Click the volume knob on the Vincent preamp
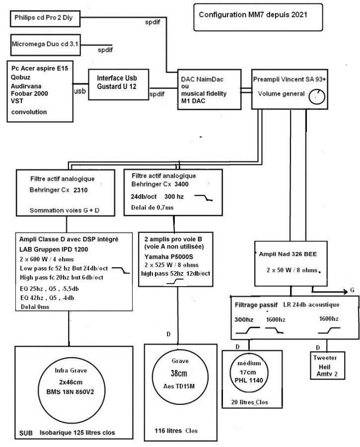point(317,97)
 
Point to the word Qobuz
point(20,77)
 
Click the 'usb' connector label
point(80,91)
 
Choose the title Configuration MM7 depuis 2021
point(253,14)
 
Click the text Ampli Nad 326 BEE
point(288,254)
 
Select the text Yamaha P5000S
point(169,257)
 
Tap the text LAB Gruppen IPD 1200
point(54,249)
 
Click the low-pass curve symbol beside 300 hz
point(204,198)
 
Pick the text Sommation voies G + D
point(65,211)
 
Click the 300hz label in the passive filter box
point(244,319)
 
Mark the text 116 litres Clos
point(176,431)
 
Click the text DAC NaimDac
point(202,79)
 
